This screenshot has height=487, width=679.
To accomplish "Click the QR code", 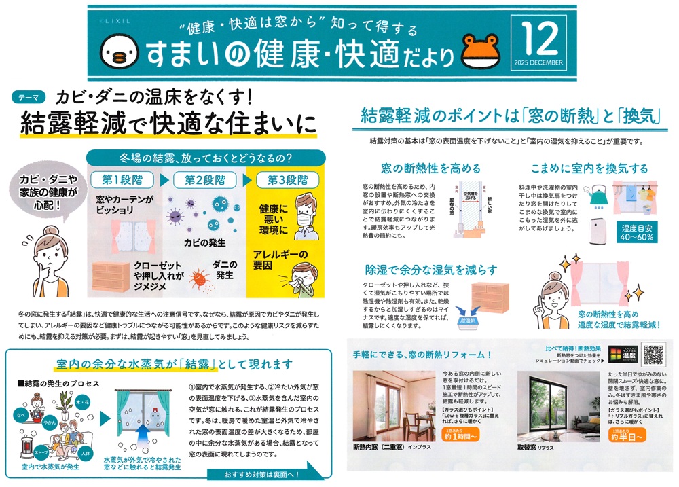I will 651,355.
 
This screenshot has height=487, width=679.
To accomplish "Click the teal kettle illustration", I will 598,195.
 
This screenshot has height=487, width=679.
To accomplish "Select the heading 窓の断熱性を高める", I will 422,168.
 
